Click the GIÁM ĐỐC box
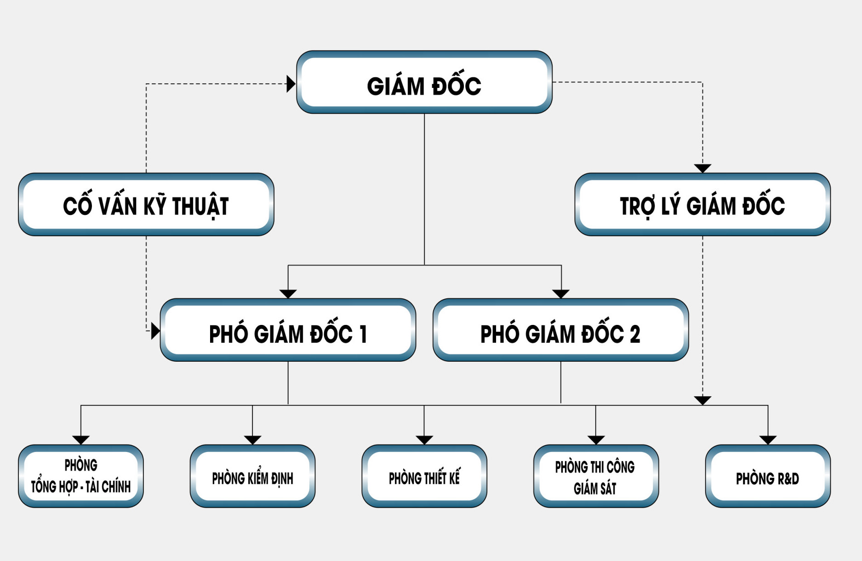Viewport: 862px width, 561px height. point(424,83)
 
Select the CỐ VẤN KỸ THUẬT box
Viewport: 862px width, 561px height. point(146,205)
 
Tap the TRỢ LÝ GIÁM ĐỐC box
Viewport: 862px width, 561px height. point(702,205)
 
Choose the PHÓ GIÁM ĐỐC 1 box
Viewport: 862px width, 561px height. point(288,330)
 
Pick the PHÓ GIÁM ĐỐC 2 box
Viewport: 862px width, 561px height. point(560,330)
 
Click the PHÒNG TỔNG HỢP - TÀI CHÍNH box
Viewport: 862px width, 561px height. point(81,476)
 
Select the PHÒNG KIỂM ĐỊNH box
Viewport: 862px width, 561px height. point(252,476)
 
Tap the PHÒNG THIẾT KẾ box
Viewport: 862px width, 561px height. point(424,476)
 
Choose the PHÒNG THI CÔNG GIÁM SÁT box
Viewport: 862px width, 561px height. point(596,476)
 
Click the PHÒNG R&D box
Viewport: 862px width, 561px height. point(768,476)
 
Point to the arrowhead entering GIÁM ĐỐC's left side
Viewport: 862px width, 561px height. point(291,84)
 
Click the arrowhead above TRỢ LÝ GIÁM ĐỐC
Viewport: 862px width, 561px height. point(702,168)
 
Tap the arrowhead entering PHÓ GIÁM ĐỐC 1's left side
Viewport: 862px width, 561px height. point(155,330)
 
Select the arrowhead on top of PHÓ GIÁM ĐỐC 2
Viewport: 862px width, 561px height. point(561,294)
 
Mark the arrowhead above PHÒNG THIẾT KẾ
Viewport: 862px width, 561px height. point(424,440)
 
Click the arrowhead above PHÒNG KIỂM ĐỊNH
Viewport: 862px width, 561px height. point(252,440)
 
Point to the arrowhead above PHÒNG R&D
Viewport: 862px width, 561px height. point(768,440)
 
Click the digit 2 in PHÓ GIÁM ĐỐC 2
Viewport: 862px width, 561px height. point(635,334)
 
